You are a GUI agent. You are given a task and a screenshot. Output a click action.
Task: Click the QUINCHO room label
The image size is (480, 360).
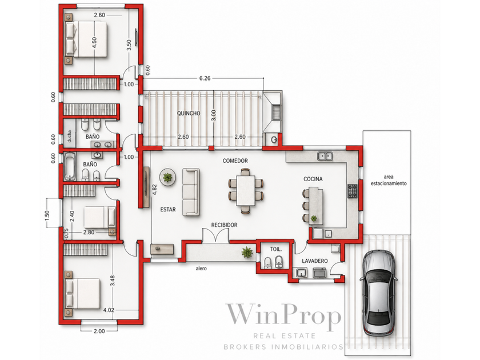pyautogui.click(x=189, y=113)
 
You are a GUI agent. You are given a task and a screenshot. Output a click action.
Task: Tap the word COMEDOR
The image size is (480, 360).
pyautogui.click(x=235, y=161)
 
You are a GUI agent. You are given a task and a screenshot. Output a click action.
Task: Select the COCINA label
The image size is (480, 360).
pyautogui.click(x=313, y=179)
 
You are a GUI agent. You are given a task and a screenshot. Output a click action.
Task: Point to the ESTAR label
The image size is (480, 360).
pyautogui.click(x=168, y=210)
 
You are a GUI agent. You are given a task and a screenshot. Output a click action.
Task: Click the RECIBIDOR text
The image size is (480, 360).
pyautogui.click(x=225, y=225)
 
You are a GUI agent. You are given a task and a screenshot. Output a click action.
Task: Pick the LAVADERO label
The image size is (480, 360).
pyautogui.click(x=315, y=261)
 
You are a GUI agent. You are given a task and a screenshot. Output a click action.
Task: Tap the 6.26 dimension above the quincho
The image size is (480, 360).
pyautogui.click(x=205, y=78)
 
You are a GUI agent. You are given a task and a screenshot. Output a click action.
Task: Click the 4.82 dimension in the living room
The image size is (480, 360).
pyautogui.click(x=155, y=190)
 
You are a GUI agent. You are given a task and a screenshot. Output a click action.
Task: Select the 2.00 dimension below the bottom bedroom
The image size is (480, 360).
pyautogui.click(x=99, y=331)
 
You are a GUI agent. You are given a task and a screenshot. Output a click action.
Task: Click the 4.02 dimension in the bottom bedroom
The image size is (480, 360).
pyautogui.click(x=109, y=310)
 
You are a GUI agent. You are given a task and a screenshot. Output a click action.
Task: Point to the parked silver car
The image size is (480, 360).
pyautogui.click(x=378, y=293)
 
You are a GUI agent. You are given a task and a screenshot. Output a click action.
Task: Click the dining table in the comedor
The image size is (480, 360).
pyautogui.click(x=246, y=190)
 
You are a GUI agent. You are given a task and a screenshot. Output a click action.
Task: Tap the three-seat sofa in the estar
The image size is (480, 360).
pyautogui.click(x=191, y=192)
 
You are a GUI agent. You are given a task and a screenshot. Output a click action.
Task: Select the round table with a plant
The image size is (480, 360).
pyautogui.click(x=167, y=177)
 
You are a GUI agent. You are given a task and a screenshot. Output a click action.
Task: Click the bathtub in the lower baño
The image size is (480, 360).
pyautogui.click(x=70, y=166)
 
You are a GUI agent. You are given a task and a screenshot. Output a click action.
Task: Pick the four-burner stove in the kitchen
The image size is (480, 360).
pyautogui.click(x=352, y=191)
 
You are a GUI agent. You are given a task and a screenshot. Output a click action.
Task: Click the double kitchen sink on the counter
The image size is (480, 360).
pyautogui.click(x=325, y=156)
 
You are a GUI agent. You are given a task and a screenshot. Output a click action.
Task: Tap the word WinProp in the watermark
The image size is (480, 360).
pyautogui.click(x=283, y=315)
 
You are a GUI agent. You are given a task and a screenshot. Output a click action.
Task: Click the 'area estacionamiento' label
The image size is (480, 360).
pyautogui.click(x=389, y=181)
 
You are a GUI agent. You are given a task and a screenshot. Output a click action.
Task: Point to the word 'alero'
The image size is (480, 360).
pyautogui.click(x=201, y=269)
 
